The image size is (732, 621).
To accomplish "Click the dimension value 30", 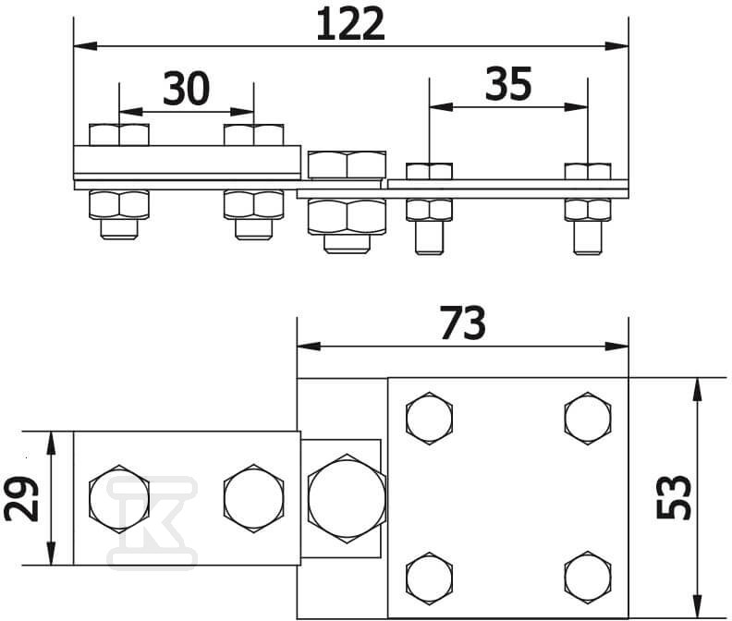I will pyautogui.click(x=187, y=89).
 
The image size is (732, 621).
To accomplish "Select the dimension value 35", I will pyautogui.click(x=508, y=85).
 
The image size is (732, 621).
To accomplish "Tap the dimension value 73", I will pyautogui.click(x=461, y=324).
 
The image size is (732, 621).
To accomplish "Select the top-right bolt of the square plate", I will pyautogui.click(x=587, y=418).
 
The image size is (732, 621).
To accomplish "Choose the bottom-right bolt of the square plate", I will pyautogui.click(x=587, y=575).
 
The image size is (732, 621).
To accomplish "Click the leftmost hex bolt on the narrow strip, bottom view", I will pyautogui.click(x=118, y=498).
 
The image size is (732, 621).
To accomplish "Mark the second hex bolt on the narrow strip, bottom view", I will pyautogui.click(x=252, y=498).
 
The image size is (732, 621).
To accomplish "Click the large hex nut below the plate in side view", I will pyautogui.click(x=347, y=219).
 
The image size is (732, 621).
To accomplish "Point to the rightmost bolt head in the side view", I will pyautogui.click(x=588, y=170).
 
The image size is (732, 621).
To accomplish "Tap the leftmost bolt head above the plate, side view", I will pyautogui.click(x=119, y=135).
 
